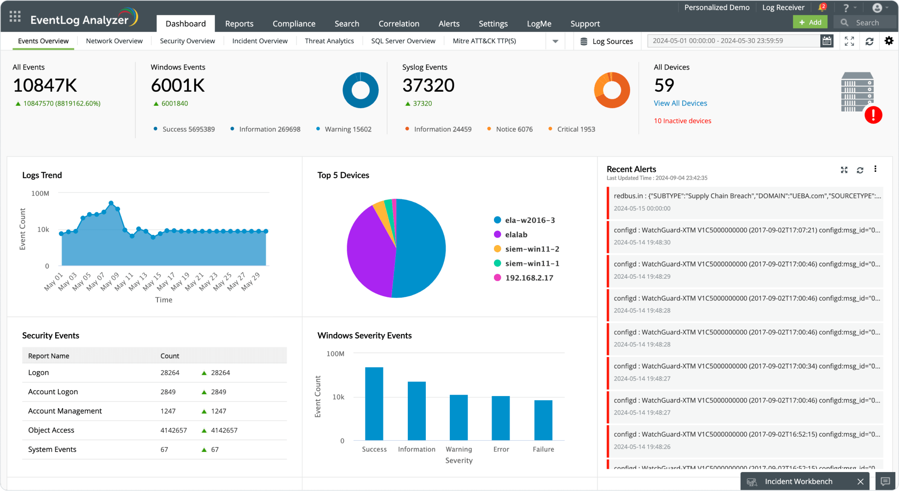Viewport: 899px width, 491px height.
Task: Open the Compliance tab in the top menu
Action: (x=294, y=23)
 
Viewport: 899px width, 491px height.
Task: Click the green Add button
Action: (x=810, y=22)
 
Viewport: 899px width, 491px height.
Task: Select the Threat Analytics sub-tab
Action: (x=329, y=41)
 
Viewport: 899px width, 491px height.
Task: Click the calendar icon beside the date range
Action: (x=827, y=41)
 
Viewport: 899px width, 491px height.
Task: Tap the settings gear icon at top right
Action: (x=889, y=41)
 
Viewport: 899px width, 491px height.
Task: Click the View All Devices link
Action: (x=680, y=103)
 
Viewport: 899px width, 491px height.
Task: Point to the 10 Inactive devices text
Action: (x=682, y=121)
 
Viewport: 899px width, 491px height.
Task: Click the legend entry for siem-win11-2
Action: (x=532, y=249)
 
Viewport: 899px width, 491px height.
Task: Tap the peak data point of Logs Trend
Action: (x=111, y=203)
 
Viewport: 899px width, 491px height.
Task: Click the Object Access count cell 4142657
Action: (x=174, y=430)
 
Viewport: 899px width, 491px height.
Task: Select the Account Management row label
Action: (x=65, y=411)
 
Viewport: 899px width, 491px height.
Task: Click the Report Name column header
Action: (x=49, y=356)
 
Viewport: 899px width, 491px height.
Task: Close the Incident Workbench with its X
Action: (x=860, y=481)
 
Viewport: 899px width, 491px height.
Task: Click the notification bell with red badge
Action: (x=822, y=7)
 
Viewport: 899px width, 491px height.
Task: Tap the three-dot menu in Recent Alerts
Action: (x=875, y=169)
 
